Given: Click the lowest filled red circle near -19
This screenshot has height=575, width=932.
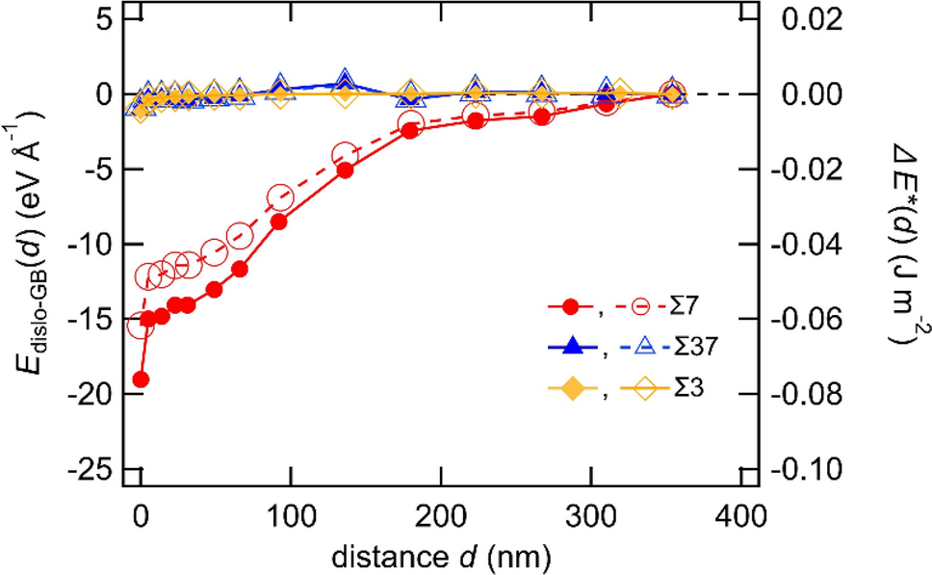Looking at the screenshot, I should click(142, 379).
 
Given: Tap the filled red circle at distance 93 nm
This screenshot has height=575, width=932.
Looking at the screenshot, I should click(279, 222).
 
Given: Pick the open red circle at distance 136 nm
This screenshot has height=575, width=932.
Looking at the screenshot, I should click(345, 155).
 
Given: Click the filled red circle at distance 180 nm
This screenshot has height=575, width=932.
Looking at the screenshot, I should click(410, 130).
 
